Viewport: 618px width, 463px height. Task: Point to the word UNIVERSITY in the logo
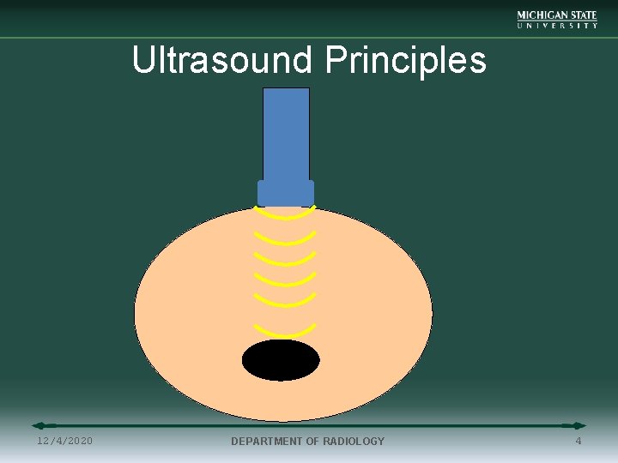[x=557, y=26]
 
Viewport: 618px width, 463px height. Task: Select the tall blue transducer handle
[x=286, y=133]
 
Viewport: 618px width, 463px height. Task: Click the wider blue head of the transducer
[x=286, y=193]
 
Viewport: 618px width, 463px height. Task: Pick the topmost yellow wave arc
[x=286, y=216]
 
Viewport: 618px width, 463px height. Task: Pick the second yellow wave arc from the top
[x=286, y=240]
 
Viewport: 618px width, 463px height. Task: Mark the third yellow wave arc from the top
[x=286, y=262]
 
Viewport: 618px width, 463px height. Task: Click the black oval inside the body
[x=281, y=360]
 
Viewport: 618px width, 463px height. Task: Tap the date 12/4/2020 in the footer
[x=65, y=441]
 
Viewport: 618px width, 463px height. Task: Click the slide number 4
[x=579, y=441]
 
